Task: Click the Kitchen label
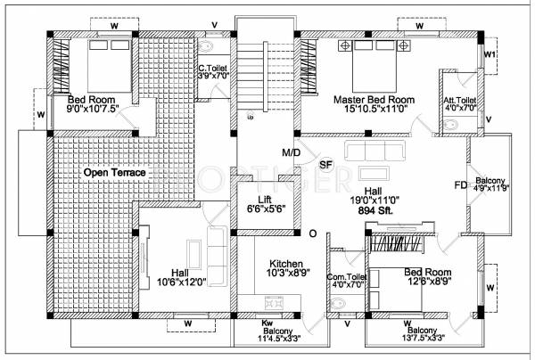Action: tap(288, 263)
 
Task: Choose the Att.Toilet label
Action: tap(460, 101)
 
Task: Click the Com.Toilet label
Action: tap(342, 277)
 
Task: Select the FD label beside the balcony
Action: tap(460, 185)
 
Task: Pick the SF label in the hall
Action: tap(325, 164)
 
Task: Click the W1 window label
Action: tap(489, 53)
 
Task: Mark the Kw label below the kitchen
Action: tap(267, 323)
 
